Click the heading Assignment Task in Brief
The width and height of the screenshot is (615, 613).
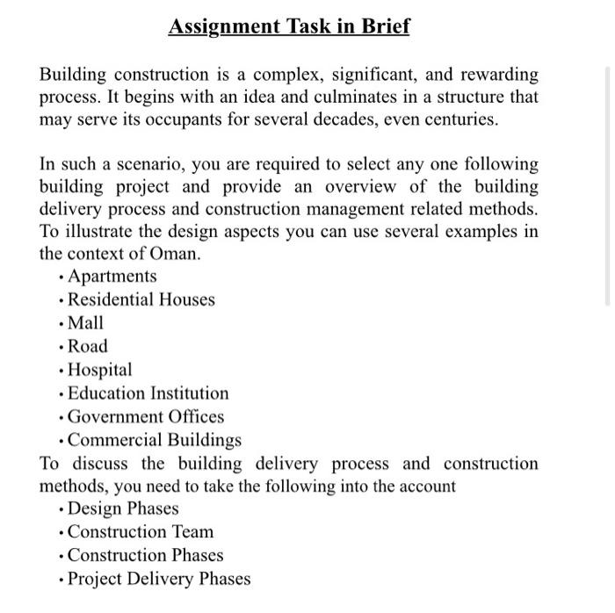[289, 26]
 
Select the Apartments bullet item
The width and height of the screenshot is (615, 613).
[112, 277]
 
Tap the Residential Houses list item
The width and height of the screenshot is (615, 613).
[141, 299]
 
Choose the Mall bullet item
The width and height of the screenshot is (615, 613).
[85, 323]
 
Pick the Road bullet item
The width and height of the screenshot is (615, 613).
[88, 346]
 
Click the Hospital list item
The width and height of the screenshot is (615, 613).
[100, 370]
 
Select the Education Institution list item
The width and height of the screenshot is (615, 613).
[148, 393]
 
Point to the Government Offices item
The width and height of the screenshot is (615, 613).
[146, 417]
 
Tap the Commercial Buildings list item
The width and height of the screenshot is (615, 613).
[155, 440]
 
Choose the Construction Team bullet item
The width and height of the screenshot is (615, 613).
[141, 532]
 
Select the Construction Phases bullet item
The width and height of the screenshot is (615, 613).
[146, 555]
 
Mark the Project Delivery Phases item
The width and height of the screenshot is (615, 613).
[159, 579]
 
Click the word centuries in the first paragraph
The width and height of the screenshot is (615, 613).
[459, 119]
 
